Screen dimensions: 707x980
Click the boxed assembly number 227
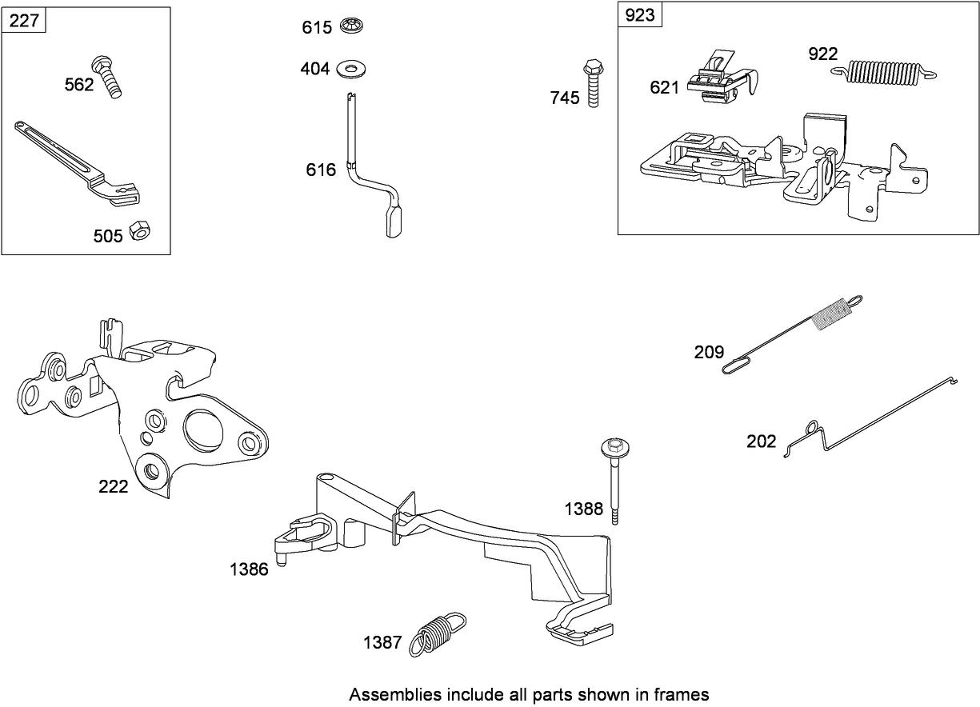click(24, 21)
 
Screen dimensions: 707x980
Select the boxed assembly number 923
click(639, 16)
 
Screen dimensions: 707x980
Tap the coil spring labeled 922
click(883, 71)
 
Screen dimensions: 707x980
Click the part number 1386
click(249, 570)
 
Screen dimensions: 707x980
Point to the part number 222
click(113, 486)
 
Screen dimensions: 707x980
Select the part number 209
click(709, 352)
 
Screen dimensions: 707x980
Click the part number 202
click(761, 441)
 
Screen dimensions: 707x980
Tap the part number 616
click(320, 170)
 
